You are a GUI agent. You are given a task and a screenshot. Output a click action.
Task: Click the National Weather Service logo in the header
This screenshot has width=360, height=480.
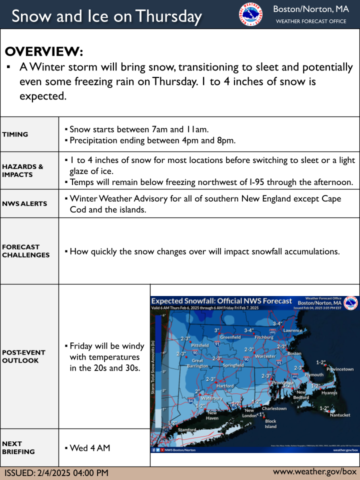[x=251, y=14]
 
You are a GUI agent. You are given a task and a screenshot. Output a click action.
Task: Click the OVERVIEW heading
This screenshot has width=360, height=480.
[x=44, y=52]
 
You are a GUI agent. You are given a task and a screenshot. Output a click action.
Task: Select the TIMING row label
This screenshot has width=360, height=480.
[x=15, y=134]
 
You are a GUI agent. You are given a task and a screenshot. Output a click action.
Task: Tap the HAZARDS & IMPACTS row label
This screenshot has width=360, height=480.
[x=22, y=170]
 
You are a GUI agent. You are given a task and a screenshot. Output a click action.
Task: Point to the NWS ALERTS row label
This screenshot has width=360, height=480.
[x=24, y=203]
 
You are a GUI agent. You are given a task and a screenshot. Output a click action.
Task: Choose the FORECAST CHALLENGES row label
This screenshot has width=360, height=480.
[x=25, y=250]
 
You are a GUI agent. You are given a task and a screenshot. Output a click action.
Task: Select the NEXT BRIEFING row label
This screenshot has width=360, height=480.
[x=18, y=447]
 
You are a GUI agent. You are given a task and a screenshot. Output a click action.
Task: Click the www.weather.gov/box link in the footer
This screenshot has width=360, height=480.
[x=314, y=471]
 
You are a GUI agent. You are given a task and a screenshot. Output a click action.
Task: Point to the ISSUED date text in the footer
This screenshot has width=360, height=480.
[x=56, y=472]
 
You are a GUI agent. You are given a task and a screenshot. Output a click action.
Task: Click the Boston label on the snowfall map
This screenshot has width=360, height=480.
[x=294, y=353]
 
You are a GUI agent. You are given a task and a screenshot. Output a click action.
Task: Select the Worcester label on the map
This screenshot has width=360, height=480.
[x=265, y=356]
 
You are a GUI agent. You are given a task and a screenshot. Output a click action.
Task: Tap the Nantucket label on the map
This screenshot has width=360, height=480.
[x=340, y=415]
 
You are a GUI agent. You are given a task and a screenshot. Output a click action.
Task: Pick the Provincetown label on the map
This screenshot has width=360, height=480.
[x=340, y=369]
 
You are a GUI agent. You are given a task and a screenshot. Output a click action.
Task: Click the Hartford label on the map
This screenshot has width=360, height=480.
[x=225, y=385]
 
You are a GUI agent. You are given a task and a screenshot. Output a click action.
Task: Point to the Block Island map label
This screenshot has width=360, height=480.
[x=270, y=424]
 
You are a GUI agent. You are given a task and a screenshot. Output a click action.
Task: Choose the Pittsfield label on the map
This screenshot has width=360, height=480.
[x=200, y=345]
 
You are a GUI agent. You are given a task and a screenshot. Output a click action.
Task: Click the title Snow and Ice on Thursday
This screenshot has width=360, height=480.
[x=106, y=16]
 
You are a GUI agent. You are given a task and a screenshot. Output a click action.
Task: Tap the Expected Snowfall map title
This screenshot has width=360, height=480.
[x=221, y=301]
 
